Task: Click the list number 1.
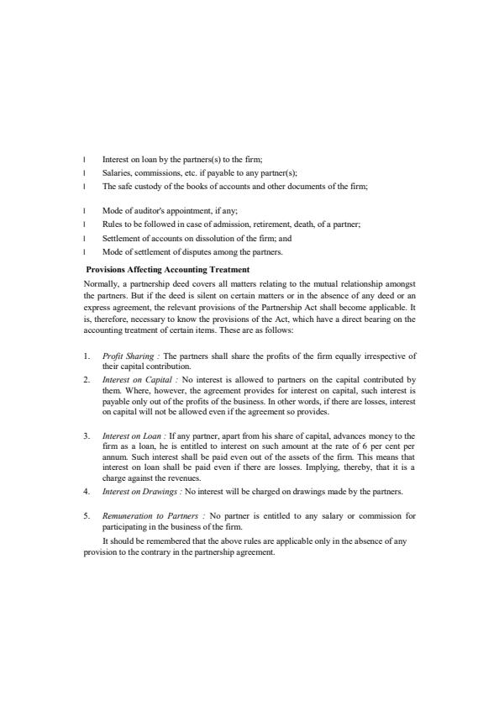pos(87,356)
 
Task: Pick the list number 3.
pos(87,435)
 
